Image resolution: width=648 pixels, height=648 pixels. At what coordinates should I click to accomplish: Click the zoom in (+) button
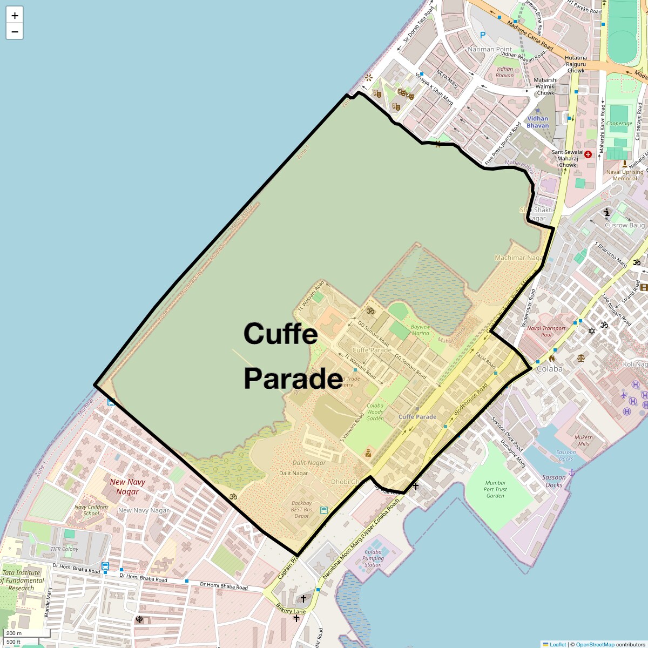[x=15, y=16]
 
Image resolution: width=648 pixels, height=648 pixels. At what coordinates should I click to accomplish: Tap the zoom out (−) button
[x=15, y=31]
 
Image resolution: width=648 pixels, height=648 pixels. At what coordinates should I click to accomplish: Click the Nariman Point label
[x=489, y=49]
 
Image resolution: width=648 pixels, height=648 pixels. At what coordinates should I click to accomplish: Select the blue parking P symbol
[x=483, y=35]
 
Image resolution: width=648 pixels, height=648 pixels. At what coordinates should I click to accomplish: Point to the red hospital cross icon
[x=588, y=154]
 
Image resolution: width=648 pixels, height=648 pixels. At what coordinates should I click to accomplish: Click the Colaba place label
[x=549, y=369]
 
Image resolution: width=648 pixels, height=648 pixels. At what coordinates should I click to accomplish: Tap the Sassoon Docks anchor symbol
[x=572, y=473]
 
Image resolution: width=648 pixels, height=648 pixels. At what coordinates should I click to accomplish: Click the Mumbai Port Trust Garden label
[x=495, y=489]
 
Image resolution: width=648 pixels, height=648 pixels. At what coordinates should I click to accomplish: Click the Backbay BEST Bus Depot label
[x=302, y=509]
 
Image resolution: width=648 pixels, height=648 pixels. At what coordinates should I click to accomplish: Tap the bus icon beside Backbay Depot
[x=324, y=510]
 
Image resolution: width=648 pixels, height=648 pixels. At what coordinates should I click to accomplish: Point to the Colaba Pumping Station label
[x=373, y=558]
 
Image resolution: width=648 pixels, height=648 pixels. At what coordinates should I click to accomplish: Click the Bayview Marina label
[x=420, y=330]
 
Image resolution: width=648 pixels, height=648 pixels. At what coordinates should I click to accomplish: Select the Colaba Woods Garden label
[x=375, y=412]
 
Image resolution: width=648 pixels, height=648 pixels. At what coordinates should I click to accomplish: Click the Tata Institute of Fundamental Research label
[x=21, y=580]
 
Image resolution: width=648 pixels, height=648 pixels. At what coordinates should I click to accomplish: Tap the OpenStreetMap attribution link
[x=595, y=644]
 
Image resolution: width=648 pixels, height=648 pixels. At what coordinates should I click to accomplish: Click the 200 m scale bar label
[x=15, y=633]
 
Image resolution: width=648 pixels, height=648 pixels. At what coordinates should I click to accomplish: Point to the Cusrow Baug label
[x=624, y=225]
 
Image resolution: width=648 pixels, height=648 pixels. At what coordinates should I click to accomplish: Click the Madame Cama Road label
[x=530, y=37]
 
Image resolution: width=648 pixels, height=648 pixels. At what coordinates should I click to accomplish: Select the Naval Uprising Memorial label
[x=625, y=175]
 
